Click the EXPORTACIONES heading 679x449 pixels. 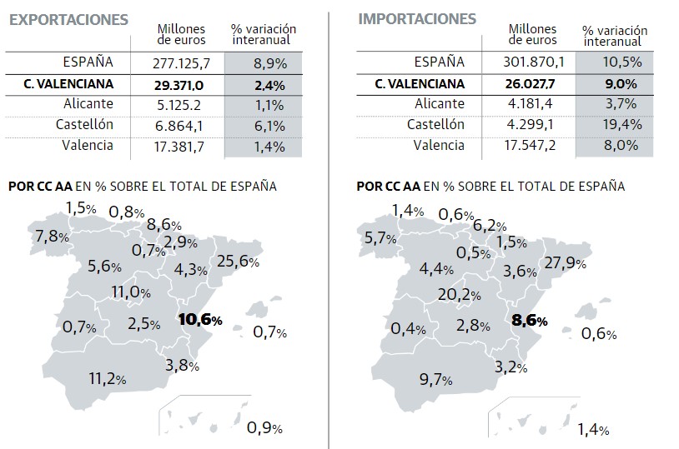point(68,19)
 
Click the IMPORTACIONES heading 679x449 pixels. point(416,18)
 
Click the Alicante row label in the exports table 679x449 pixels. point(88,105)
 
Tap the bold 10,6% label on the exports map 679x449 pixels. point(200,320)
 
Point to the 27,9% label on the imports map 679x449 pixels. point(565,263)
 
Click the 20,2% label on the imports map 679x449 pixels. point(459,294)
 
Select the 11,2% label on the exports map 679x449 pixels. point(108,378)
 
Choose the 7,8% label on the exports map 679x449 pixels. point(53,236)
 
